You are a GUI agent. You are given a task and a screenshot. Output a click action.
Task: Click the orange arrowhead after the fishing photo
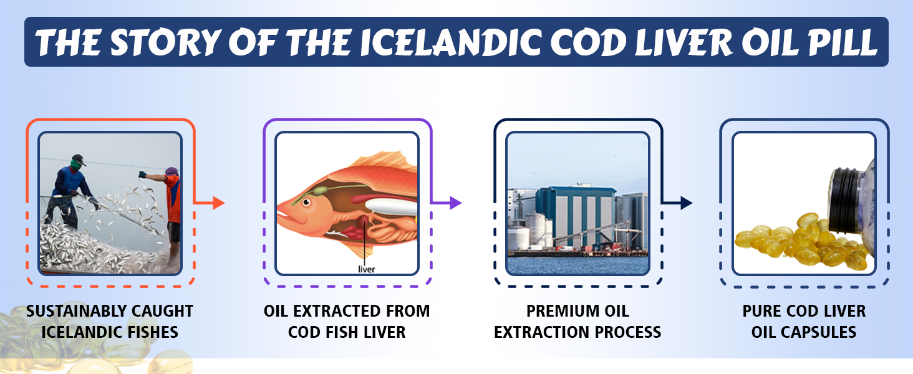pos(218,203)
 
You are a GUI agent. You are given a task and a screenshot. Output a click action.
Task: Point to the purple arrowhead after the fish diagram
pos(455,203)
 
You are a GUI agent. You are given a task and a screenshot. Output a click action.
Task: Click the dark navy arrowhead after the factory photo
pos(687,203)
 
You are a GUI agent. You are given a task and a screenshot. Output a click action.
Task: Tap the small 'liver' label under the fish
pos(367,269)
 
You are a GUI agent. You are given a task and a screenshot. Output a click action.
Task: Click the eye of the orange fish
pos(306,202)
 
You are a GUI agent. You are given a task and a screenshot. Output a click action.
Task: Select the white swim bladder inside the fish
pos(391,206)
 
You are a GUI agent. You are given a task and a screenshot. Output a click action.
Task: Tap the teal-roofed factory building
pos(576,216)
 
